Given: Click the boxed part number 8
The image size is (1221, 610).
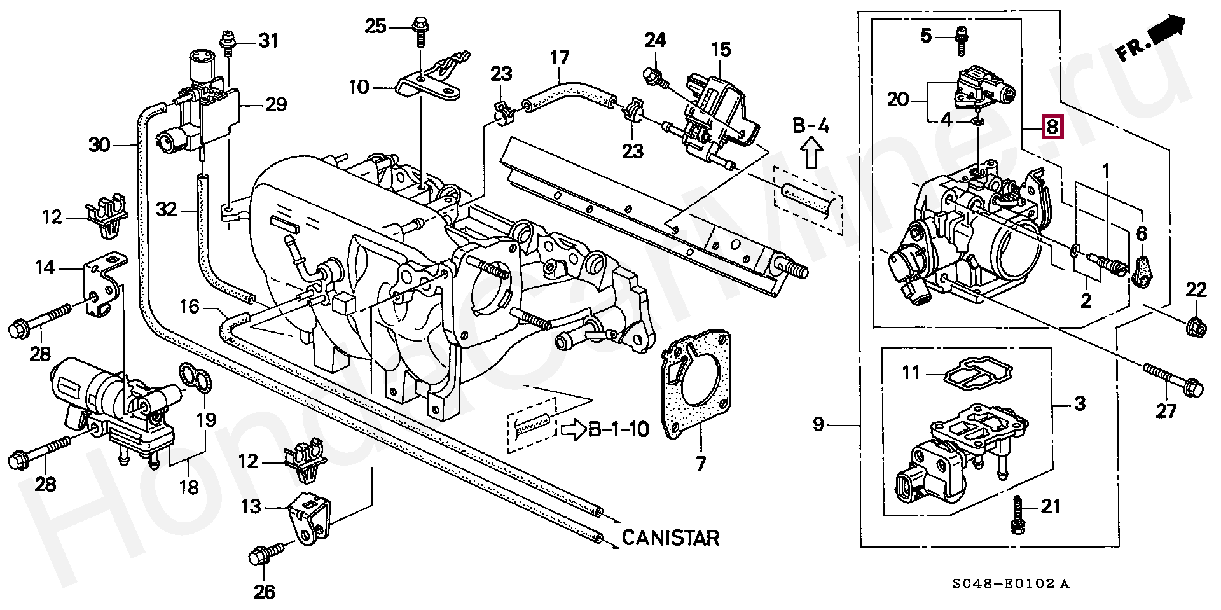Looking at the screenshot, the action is click(1052, 127).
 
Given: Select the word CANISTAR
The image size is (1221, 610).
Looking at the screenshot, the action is click(670, 537).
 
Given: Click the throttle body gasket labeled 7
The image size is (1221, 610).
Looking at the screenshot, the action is click(695, 382).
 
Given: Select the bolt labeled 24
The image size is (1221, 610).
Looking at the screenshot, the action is click(656, 78).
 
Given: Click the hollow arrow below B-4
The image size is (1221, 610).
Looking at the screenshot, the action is click(810, 153).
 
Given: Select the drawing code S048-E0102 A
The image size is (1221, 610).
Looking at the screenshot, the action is click(1011, 584).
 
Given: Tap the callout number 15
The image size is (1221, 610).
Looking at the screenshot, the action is click(721, 50).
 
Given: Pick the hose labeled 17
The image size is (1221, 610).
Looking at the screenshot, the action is click(568, 94).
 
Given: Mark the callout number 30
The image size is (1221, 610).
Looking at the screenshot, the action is click(99, 145).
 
